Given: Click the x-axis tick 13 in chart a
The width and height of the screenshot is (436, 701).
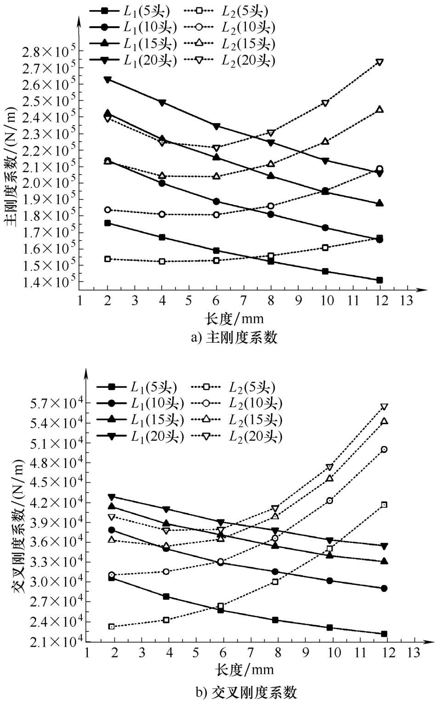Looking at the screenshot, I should pos(407,300).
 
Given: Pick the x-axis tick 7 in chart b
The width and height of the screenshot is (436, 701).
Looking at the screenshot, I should pos(251,652).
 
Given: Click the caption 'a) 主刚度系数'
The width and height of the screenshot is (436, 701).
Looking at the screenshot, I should pos(234,338).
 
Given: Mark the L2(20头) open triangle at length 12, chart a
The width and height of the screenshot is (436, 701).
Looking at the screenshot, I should pos(379,62).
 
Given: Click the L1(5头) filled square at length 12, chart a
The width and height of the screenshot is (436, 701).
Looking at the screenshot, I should pos(379,280).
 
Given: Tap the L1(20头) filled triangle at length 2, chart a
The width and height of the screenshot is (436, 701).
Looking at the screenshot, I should pos(108,80).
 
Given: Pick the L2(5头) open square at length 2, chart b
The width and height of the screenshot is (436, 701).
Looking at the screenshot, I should pos(111,626).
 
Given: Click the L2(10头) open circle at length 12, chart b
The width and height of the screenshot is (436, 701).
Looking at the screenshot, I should pos(384,449).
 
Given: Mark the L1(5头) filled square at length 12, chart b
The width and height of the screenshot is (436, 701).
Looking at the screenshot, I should pos(384,634).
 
